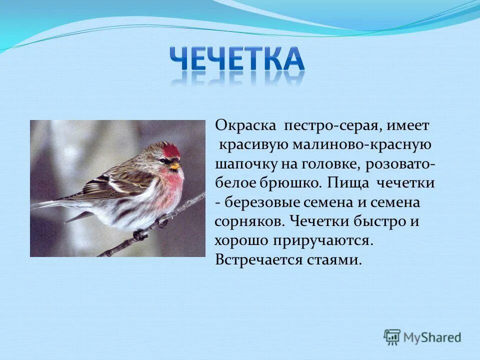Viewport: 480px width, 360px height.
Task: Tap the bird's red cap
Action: (x=170, y=149)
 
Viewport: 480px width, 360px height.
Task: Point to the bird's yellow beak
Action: (x=175, y=165)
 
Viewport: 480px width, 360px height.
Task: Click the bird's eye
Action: (x=163, y=160)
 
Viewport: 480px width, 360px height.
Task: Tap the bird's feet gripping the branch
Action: (x=150, y=227)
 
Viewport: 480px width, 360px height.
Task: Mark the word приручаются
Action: (x=323, y=241)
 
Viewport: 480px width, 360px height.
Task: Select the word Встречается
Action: (x=258, y=260)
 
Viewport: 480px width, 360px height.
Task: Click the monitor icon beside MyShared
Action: (x=392, y=337)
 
